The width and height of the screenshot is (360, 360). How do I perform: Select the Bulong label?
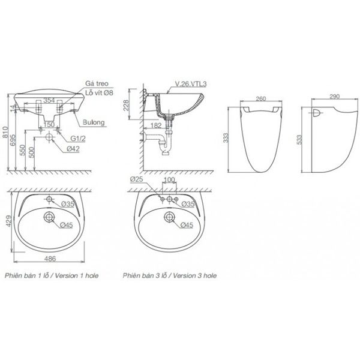tap(95, 122)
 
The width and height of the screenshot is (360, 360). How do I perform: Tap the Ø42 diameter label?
tap(73, 148)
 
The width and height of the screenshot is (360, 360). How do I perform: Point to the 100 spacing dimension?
tap(170, 180)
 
